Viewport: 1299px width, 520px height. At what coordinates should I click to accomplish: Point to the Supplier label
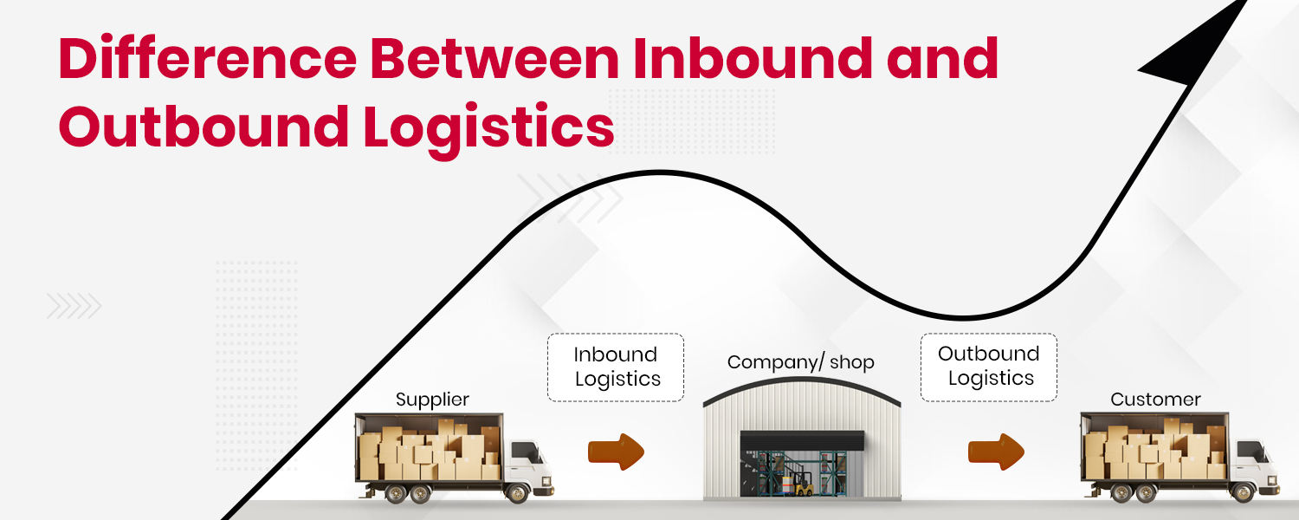pyautogui.click(x=432, y=400)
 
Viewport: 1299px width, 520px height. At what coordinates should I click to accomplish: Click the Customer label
pyautogui.click(x=1155, y=400)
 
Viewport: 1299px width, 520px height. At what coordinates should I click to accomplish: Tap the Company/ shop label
pyautogui.click(x=800, y=362)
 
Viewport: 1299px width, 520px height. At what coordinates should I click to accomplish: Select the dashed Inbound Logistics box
pyautogui.click(x=616, y=367)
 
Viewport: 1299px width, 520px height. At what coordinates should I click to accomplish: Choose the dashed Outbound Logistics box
pyautogui.click(x=988, y=367)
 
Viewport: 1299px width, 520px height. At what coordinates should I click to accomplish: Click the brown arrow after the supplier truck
pyautogui.click(x=616, y=452)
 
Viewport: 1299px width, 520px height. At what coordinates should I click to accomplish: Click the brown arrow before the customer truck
pyautogui.click(x=996, y=452)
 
